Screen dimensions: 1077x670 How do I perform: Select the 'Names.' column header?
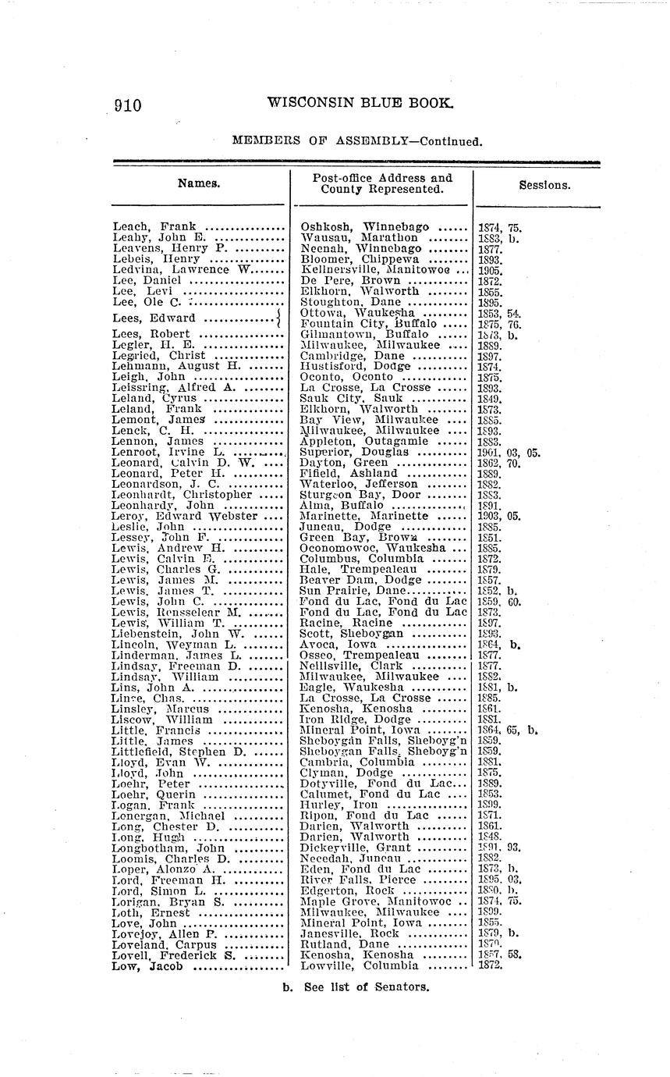tap(199, 184)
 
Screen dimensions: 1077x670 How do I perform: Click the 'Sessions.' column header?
tap(544, 186)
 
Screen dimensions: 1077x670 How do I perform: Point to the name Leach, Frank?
tap(154, 227)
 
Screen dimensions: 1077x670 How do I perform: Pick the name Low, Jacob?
tap(147, 966)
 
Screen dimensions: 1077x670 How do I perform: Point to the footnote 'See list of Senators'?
tap(356, 986)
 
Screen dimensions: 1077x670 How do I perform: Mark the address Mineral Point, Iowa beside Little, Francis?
tap(356, 730)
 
